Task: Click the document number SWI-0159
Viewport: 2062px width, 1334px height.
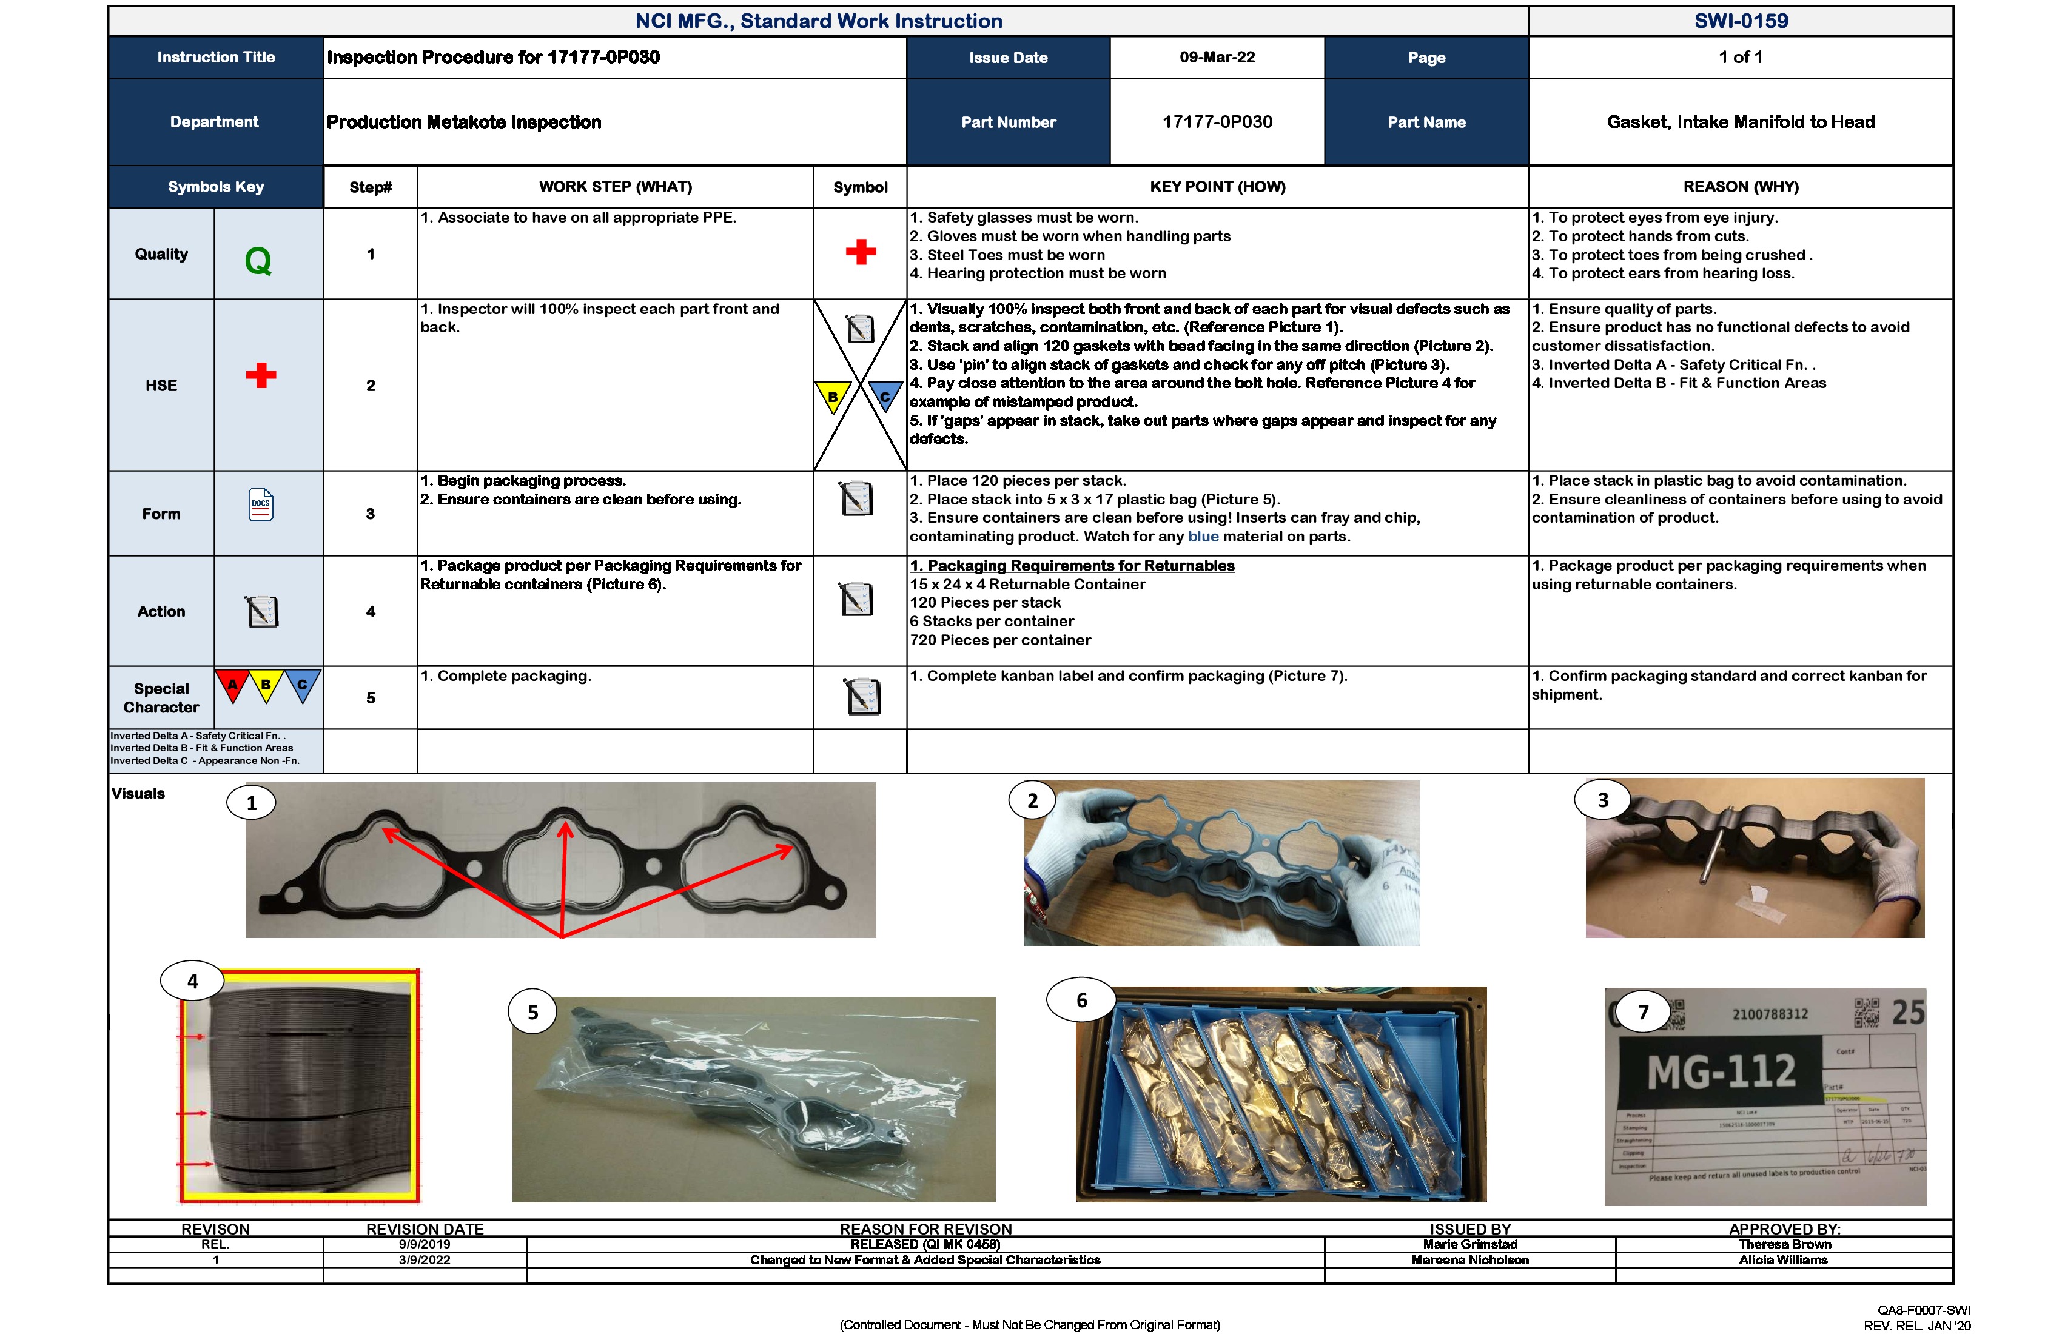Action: click(x=1741, y=21)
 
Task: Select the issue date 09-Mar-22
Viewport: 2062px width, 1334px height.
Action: click(x=1217, y=57)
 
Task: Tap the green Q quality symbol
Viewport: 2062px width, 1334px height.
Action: click(x=258, y=261)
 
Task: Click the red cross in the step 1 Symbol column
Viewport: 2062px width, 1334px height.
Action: click(x=861, y=252)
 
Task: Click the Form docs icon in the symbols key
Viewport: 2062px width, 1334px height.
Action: click(x=261, y=504)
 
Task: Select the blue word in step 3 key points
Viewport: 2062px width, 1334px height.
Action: click(x=1203, y=536)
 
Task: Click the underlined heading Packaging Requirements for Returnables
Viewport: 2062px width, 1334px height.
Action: click(x=1072, y=566)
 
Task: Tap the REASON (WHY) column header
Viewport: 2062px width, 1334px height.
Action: click(x=1741, y=186)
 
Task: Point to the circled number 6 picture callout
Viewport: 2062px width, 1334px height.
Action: click(x=1081, y=1000)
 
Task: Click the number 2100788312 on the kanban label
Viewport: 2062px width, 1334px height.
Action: click(x=1770, y=1013)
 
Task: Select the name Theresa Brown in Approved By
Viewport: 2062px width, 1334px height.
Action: click(x=1784, y=1244)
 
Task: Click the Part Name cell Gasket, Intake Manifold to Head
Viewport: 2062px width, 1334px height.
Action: click(x=1741, y=122)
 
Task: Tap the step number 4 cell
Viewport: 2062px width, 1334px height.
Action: click(x=371, y=612)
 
